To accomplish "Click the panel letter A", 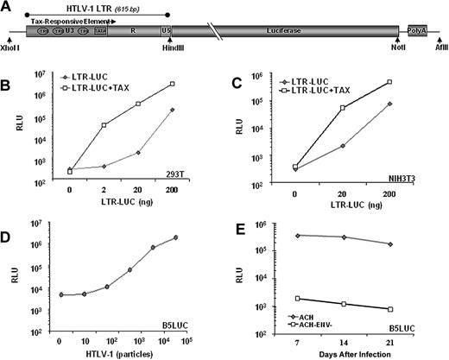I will click(7, 8).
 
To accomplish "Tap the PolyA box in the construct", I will click(417, 30).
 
